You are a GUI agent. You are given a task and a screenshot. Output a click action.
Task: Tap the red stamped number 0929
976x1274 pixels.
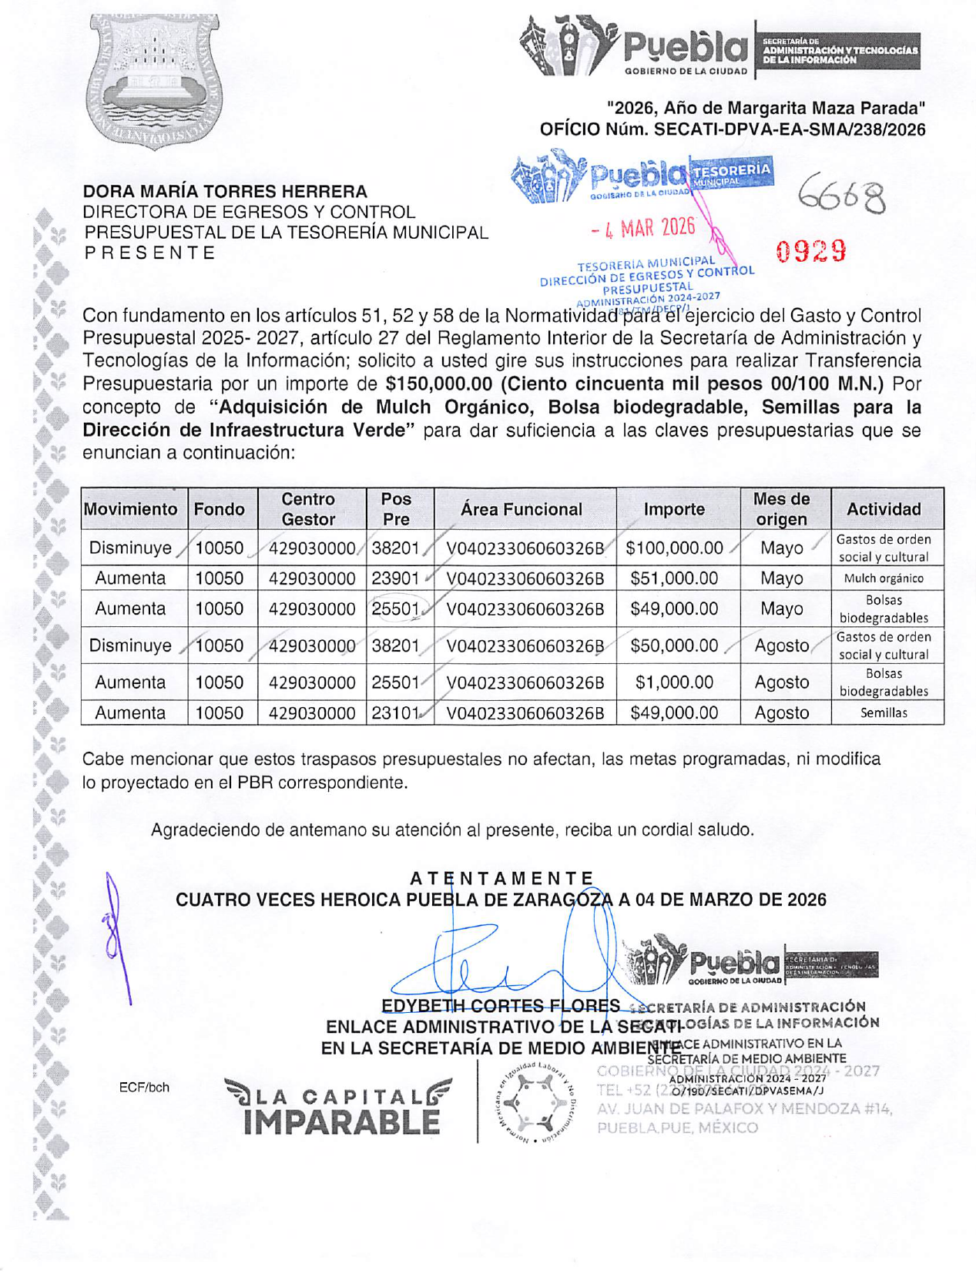pos(811,251)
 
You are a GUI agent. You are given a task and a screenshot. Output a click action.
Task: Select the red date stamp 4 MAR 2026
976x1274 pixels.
pos(643,228)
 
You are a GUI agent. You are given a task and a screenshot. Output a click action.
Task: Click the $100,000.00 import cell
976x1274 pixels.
pos(674,548)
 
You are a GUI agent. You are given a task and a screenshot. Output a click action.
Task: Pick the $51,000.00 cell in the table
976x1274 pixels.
pos(674,578)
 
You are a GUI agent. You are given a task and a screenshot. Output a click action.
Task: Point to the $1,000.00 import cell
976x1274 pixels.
pos(674,682)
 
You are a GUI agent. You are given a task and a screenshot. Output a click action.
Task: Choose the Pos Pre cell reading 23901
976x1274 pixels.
pos(395,578)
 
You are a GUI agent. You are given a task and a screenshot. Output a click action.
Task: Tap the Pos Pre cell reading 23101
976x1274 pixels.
pos(395,713)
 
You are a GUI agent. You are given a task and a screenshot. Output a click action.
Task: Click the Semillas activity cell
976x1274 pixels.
pos(884,713)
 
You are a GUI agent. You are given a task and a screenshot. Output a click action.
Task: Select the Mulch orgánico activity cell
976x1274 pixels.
pos(884,578)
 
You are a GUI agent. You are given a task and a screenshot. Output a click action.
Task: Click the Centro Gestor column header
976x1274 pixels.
pos(307,509)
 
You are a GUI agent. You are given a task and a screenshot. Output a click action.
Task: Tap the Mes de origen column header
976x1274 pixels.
pos(781,509)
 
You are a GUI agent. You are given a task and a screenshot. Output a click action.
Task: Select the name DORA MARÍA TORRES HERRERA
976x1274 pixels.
pos(225,191)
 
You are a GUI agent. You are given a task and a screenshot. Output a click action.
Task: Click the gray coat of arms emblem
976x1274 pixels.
pos(154,81)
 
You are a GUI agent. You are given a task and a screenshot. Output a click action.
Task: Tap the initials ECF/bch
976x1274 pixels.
pos(144,1088)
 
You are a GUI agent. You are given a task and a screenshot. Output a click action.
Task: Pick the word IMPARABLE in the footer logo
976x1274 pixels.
pos(341,1122)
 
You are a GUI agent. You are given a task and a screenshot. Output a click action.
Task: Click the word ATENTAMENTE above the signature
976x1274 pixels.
pos(501,879)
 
